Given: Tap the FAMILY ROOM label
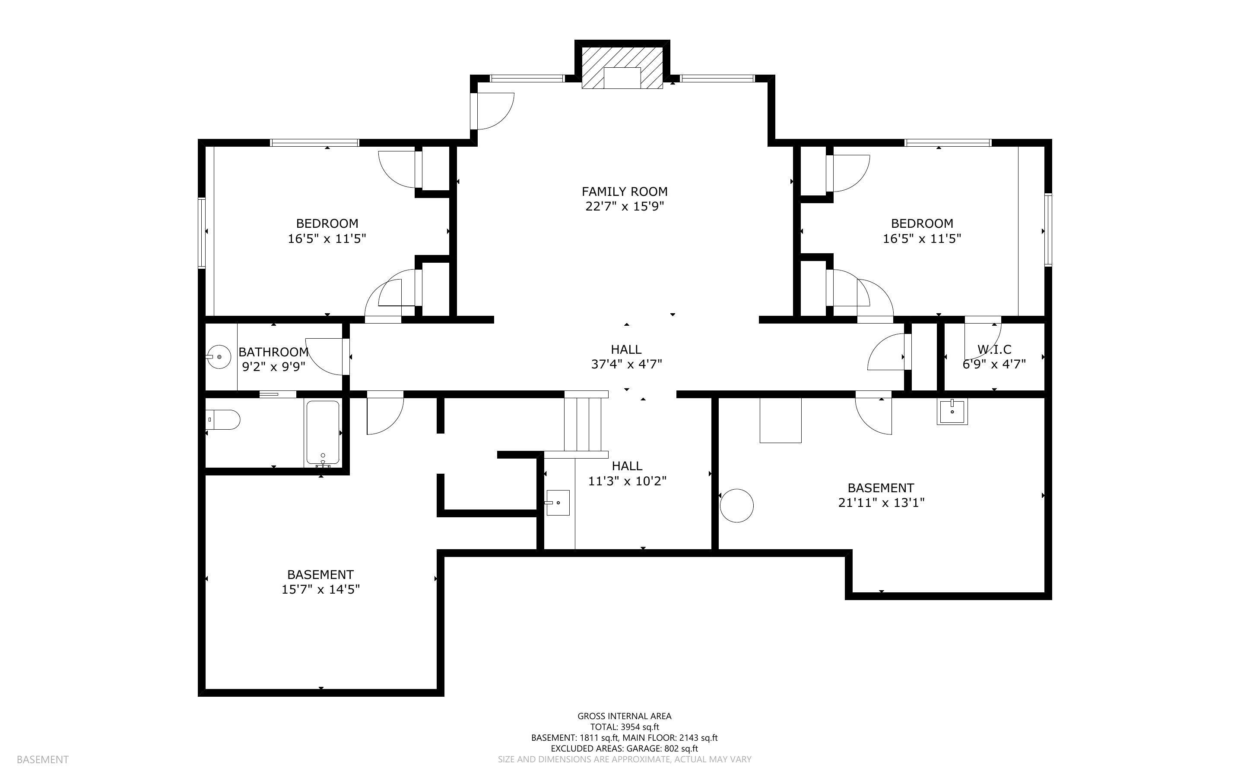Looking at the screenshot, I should (624, 192).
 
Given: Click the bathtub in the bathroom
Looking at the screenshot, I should (323, 432).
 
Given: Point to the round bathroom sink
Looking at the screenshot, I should (219, 356).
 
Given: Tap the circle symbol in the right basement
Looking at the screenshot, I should (736, 506).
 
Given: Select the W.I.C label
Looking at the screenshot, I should (994, 350).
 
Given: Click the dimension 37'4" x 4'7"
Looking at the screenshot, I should (626, 364).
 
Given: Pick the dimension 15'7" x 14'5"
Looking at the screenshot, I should (320, 589).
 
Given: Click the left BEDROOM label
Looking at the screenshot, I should (327, 223).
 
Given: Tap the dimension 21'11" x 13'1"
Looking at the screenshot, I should (881, 503).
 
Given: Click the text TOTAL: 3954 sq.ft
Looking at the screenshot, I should (624, 727).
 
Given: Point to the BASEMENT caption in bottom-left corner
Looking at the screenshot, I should (42, 759).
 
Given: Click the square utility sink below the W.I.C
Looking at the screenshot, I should (952, 412).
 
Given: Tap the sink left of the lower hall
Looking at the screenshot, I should (558, 503).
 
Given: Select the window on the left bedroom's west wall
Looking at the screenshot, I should (202, 233).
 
